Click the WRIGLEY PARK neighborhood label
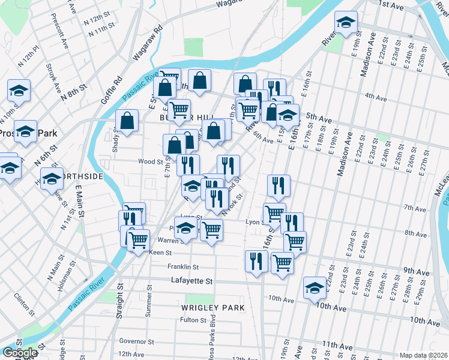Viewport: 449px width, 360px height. coord(213,308)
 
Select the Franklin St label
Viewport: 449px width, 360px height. coord(183,266)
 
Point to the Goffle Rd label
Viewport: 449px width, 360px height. coord(112,88)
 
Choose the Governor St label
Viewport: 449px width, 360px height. coord(137,341)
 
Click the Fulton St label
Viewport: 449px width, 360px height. coord(193,320)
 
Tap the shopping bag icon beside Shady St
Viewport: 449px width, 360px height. coord(128,121)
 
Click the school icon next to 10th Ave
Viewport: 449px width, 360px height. coord(315,287)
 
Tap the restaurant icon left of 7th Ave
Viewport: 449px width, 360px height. coord(279,186)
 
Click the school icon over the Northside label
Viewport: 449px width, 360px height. coord(52,179)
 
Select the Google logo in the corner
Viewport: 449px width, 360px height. coord(19,353)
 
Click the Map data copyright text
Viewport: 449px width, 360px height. coord(423,355)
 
